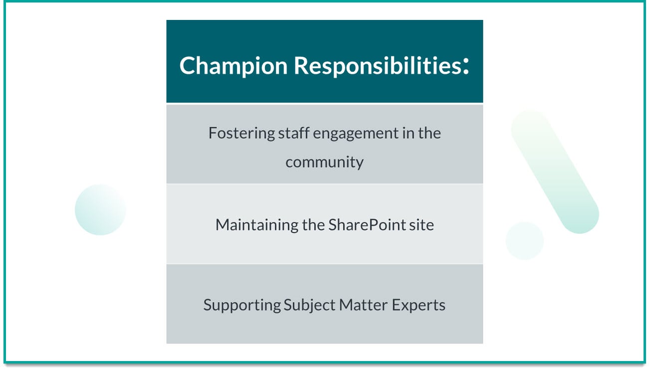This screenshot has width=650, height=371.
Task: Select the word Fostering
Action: point(234,134)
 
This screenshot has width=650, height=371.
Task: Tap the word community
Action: point(324,162)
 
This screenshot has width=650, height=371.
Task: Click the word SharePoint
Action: point(367,225)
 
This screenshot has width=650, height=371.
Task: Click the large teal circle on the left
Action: point(100,209)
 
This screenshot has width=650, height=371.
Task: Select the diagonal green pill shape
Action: point(554,172)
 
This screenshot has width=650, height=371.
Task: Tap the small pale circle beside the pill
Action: point(524,240)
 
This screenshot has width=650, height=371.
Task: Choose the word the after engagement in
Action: point(429,134)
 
